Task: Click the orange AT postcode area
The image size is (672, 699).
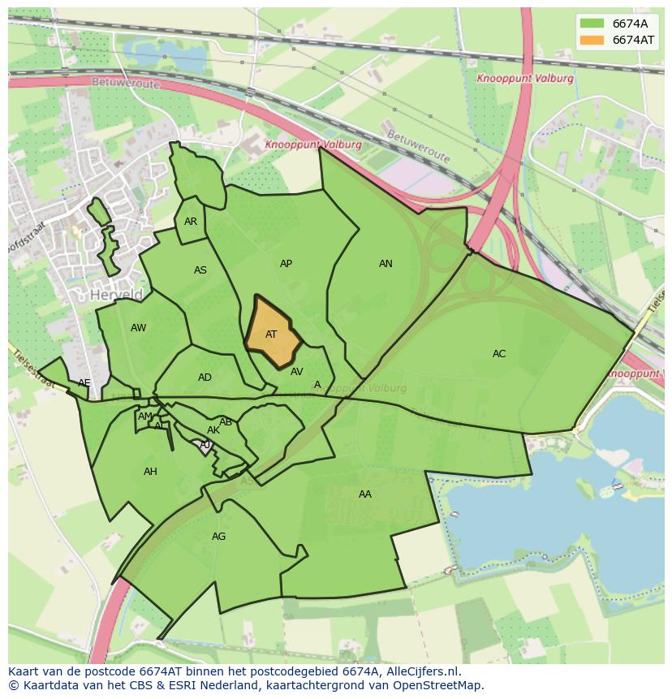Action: (x=272, y=333)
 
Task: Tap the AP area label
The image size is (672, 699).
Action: (x=286, y=264)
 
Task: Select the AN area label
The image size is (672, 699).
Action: (x=386, y=264)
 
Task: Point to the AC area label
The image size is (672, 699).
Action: (x=499, y=354)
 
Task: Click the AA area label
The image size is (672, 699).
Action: (x=365, y=494)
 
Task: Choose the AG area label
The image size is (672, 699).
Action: (x=218, y=537)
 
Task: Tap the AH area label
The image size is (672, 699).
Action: (x=150, y=472)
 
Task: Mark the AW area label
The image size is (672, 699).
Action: (x=138, y=328)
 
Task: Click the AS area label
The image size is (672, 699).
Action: (x=200, y=270)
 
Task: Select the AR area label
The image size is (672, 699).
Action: (x=191, y=222)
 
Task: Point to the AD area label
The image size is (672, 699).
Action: (x=205, y=378)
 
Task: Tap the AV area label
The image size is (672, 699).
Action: (x=296, y=372)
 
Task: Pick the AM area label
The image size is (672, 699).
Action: (x=145, y=416)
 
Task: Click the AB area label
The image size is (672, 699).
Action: (x=226, y=422)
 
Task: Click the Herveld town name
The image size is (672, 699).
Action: (x=117, y=295)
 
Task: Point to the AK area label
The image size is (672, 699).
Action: (x=213, y=430)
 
